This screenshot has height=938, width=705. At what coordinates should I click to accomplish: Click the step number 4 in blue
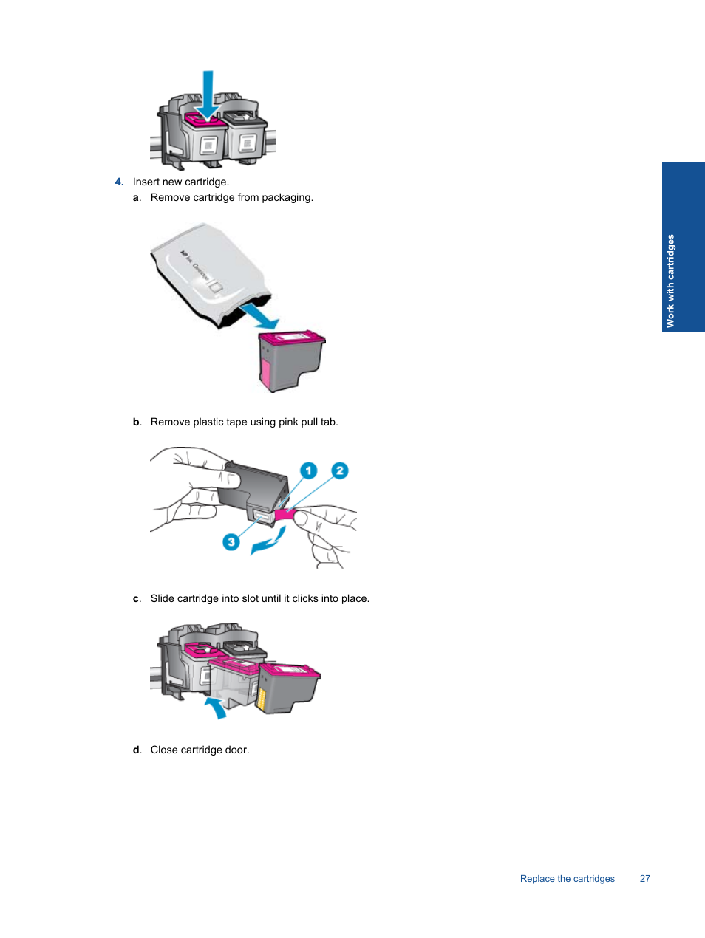[119, 182]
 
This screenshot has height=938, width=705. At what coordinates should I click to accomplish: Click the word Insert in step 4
[146, 182]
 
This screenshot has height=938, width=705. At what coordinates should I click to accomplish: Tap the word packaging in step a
[287, 198]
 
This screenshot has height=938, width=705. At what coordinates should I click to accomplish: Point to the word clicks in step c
[304, 599]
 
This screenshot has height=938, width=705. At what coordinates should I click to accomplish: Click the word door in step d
[236, 750]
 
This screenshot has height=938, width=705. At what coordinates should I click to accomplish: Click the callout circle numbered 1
[308, 470]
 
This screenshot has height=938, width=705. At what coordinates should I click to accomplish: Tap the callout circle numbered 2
[339, 470]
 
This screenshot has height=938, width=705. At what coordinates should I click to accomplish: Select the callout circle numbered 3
[231, 542]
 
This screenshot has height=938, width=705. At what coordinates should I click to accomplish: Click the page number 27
[644, 879]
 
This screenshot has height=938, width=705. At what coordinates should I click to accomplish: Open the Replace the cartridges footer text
[567, 879]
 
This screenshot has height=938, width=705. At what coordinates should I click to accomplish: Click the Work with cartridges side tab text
[670, 281]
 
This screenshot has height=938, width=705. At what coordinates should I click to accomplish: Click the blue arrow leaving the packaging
[260, 315]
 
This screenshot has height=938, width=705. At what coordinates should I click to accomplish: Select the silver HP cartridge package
[206, 273]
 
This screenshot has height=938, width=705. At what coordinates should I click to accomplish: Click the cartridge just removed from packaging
[290, 360]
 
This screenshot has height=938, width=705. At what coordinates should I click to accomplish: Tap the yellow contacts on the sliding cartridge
[262, 697]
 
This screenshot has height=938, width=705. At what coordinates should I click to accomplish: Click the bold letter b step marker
[136, 422]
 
